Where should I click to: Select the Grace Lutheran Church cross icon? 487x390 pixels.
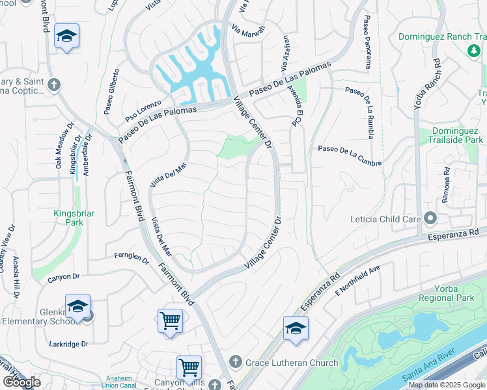coord(235,363)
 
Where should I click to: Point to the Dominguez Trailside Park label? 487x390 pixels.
coord(458,135)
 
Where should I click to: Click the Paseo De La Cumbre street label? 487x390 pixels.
coord(349,156)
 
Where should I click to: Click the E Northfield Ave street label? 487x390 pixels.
coord(357,280)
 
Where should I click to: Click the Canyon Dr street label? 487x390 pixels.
coord(63,278)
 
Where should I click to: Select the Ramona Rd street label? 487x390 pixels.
coord(446,187)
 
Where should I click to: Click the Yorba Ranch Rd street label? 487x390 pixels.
coord(424,88)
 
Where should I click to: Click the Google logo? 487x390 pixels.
coord(21,382)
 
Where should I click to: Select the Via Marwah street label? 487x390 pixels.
coord(249,31)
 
